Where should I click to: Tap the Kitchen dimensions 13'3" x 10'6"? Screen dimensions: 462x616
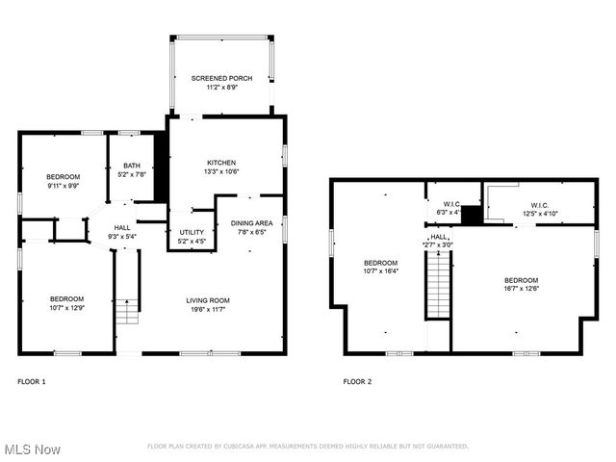point(221,171)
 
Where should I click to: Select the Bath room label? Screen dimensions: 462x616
point(131,166)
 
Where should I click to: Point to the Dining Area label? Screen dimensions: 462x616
point(251,223)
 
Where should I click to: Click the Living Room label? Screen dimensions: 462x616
point(208,300)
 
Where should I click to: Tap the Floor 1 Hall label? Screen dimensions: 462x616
point(123,227)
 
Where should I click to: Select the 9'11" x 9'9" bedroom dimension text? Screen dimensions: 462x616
point(64,186)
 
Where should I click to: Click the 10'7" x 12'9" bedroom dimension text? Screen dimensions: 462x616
point(67,308)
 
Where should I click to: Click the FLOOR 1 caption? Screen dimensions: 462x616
point(32,382)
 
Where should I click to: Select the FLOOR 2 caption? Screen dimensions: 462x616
point(357,382)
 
